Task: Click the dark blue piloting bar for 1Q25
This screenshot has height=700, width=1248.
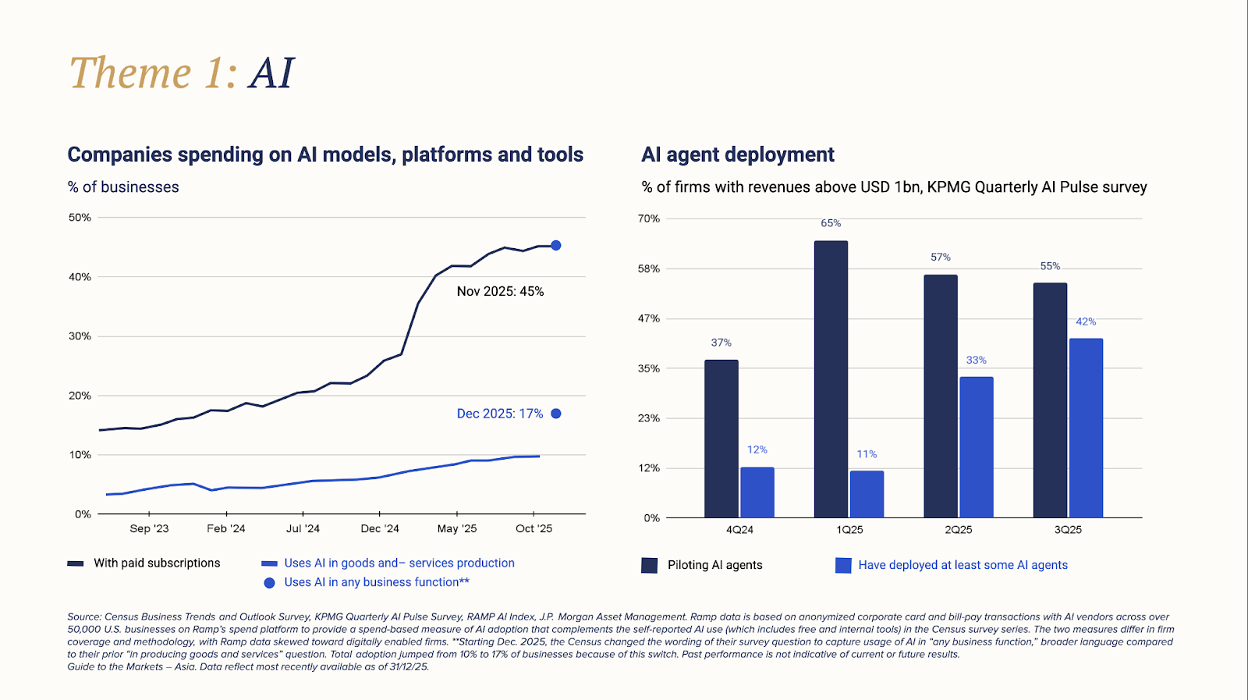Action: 831,379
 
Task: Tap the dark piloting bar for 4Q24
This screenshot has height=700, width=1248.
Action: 721,439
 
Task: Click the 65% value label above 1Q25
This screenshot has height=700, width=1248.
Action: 831,223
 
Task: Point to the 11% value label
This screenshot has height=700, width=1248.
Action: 867,454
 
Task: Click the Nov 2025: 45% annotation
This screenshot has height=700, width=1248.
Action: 500,291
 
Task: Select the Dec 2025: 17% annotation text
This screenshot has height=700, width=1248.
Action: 499,414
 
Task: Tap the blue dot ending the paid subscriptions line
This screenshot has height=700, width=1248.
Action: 556,245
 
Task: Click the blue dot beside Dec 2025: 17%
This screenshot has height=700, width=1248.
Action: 556,414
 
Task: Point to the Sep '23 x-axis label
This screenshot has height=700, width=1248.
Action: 149,528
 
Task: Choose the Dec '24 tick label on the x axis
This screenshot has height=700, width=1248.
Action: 380,528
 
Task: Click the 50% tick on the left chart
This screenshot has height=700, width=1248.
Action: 80,218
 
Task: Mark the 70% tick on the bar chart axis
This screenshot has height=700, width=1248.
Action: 649,219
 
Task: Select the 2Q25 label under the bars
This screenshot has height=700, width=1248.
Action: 959,529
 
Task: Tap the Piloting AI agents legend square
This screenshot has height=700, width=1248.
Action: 649,565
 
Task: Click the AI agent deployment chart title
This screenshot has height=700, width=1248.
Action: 737,155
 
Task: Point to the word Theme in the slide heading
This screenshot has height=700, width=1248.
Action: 130,73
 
